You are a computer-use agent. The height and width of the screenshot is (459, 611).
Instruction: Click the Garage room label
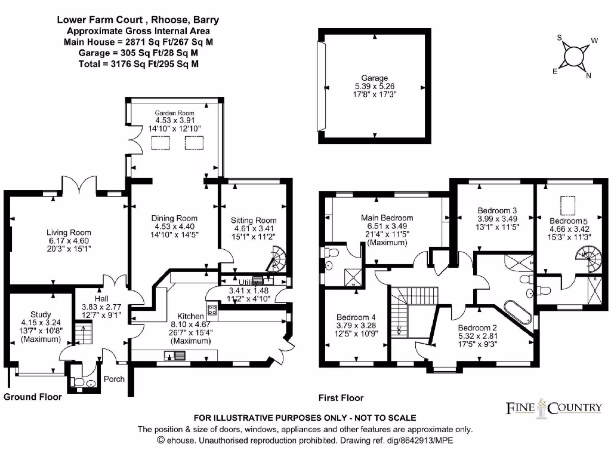click(x=374, y=78)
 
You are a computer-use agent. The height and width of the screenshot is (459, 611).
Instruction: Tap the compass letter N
click(x=588, y=75)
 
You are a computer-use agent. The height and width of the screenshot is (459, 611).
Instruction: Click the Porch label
click(x=114, y=379)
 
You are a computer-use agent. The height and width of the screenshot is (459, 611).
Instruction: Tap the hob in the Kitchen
click(x=212, y=308)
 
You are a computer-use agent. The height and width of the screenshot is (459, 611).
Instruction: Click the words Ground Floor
click(x=33, y=397)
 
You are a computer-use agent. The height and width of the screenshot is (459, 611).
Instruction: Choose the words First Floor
click(x=342, y=398)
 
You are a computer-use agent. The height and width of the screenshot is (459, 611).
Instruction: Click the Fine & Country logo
click(x=554, y=408)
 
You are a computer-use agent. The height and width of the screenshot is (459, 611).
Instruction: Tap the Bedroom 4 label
click(x=356, y=317)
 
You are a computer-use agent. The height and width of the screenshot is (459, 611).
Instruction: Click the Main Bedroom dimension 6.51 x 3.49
click(x=387, y=227)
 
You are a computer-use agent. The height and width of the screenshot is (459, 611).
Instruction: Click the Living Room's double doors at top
click(x=68, y=188)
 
